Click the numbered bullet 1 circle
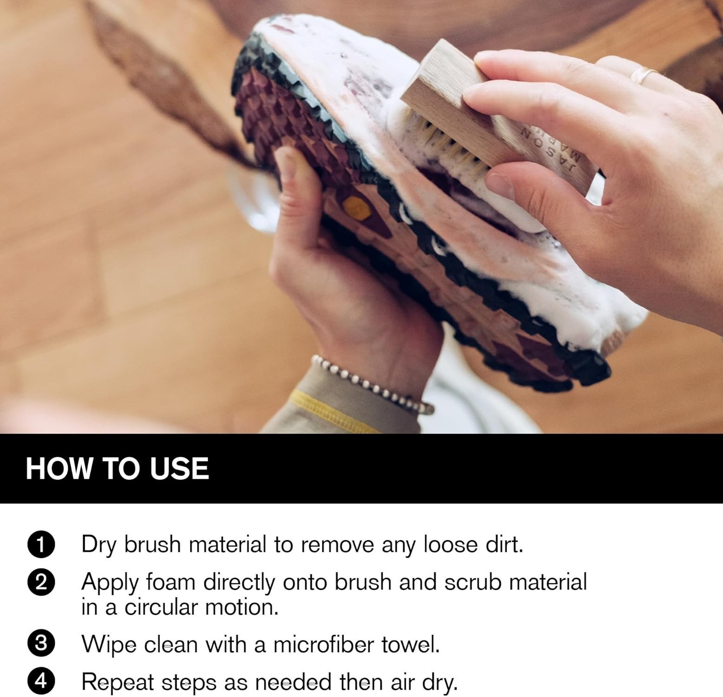(x=41, y=545)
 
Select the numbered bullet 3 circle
(x=41, y=644)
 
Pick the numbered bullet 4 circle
(x=41, y=681)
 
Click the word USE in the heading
(x=179, y=468)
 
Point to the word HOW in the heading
(x=59, y=468)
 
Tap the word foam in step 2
(x=171, y=582)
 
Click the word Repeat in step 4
(x=118, y=682)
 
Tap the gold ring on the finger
(x=644, y=74)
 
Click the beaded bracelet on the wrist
(x=372, y=384)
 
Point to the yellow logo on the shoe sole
(x=355, y=205)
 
